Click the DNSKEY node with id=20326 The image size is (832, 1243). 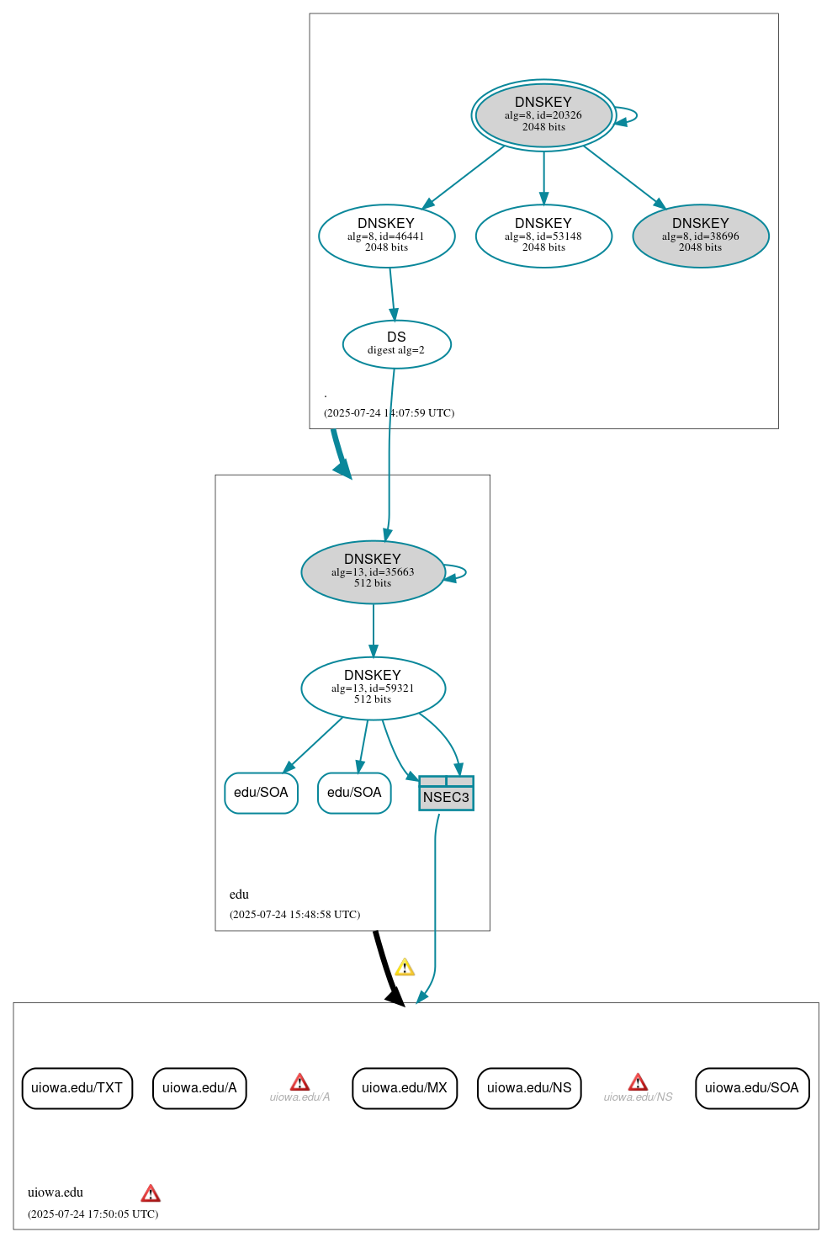543,114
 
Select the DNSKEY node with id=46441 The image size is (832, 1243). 386,236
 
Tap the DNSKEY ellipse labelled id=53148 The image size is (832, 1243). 543,236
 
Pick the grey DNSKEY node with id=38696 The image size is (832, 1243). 700,236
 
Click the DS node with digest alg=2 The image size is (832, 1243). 396,343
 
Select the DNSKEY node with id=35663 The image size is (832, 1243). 373,571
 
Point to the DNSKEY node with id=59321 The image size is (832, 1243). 373,688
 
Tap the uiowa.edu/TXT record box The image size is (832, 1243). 77,1087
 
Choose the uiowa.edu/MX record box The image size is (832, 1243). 404,1087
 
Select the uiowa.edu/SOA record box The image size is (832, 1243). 751,1087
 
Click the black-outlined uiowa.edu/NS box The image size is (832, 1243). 528,1087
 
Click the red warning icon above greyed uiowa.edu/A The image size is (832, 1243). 299,1082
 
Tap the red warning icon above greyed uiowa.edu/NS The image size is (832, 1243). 638,1082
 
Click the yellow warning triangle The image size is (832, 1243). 405,967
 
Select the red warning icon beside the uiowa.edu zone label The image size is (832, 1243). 151,1193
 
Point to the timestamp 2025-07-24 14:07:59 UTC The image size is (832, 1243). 389,412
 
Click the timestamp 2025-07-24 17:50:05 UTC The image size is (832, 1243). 93,1214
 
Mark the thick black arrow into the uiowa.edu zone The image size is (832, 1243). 386,968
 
